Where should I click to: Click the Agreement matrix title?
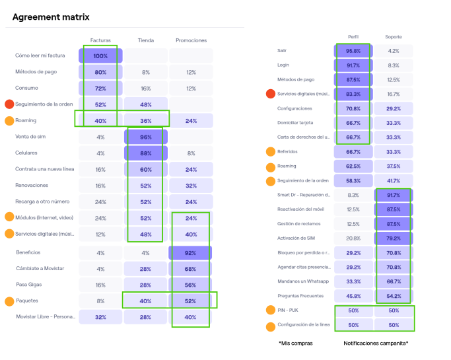click(51, 17)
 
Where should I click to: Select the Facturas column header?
click(100, 40)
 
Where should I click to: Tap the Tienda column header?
click(146, 40)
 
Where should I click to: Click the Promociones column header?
click(191, 40)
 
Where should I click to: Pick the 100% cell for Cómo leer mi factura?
click(100, 55)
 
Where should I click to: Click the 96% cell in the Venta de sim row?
click(146, 137)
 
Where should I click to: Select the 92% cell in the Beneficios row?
click(191, 252)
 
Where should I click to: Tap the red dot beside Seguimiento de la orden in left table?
click(9, 104)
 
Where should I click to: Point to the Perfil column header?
click(353, 37)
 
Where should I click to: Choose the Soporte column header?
click(394, 37)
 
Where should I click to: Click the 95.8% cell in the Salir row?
click(353, 51)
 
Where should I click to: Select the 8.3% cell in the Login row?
click(394, 65)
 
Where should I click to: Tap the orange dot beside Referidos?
click(271, 152)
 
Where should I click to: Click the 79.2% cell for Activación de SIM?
click(394, 238)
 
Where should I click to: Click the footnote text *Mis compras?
click(295, 343)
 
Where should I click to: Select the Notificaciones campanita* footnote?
click(376, 343)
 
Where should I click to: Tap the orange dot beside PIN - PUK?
click(271, 310)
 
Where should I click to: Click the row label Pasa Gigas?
click(30, 285)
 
